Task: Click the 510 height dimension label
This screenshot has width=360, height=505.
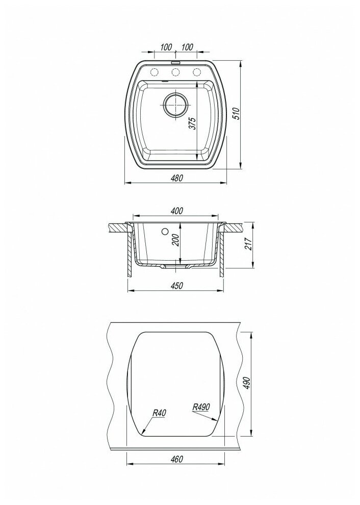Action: (x=237, y=114)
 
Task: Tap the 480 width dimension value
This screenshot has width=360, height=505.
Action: (x=176, y=178)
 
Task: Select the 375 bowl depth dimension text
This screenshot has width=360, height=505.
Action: (x=192, y=123)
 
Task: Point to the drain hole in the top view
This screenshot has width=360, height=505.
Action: (x=175, y=105)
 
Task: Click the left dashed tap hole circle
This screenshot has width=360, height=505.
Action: (x=155, y=72)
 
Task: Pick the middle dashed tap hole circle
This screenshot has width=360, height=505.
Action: (x=175, y=72)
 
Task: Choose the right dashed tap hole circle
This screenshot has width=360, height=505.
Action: (x=196, y=72)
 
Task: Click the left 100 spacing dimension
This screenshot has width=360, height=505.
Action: (x=166, y=47)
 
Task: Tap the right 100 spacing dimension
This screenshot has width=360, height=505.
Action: (x=187, y=47)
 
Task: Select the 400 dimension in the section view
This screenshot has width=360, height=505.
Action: (x=177, y=211)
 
